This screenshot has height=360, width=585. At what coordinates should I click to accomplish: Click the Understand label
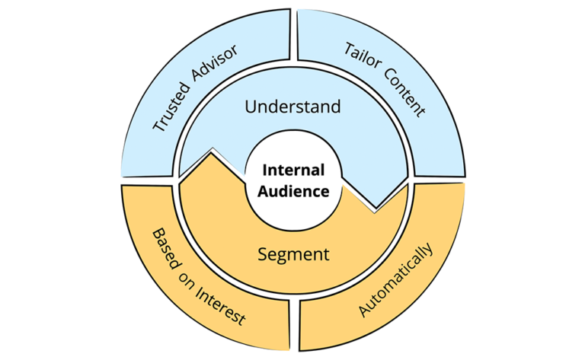point(292,107)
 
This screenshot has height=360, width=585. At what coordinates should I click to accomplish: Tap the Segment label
point(292,254)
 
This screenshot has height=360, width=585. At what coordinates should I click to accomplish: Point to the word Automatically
point(395,281)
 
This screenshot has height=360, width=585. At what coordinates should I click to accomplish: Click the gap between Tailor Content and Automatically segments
point(438,181)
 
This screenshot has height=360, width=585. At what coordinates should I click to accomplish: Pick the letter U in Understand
point(249,107)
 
